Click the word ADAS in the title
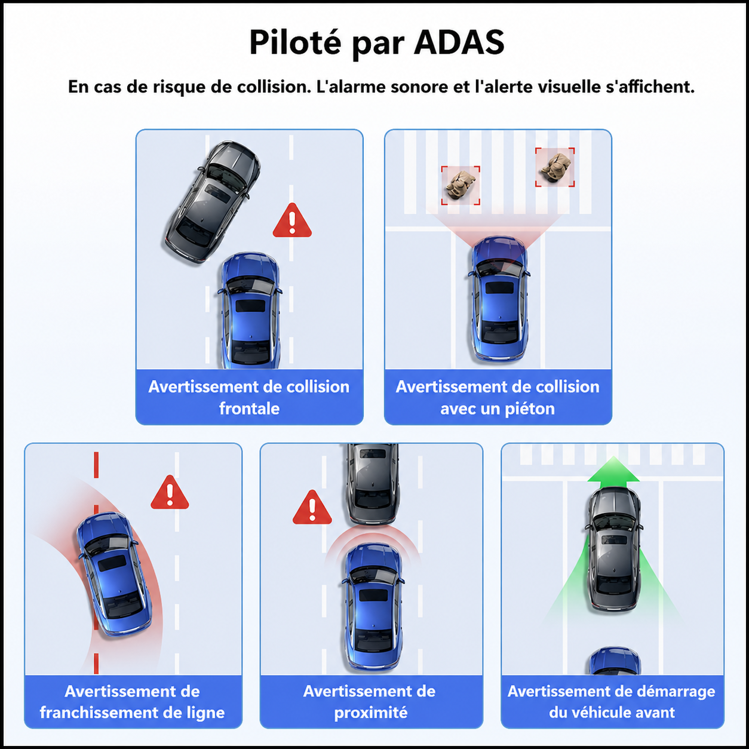pyautogui.click(x=459, y=42)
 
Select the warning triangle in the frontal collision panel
pyautogui.click(x=292, y=220)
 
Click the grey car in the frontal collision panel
pyautogui.click(x=211, y=202)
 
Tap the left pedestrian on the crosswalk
pyautogui.click(x=460, y=185)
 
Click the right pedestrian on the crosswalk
pyautogui.click(x=555, y=167)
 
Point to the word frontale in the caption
pyautogui.click(x=250, y=408)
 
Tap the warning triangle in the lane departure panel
pyautogui.click(x=170, y=492)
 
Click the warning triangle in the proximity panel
pyautogui.click(x=312, y=507)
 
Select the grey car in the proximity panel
pyautogui.click(x=373, y=484)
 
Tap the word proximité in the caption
pyautogui.click(x=371, y=713)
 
